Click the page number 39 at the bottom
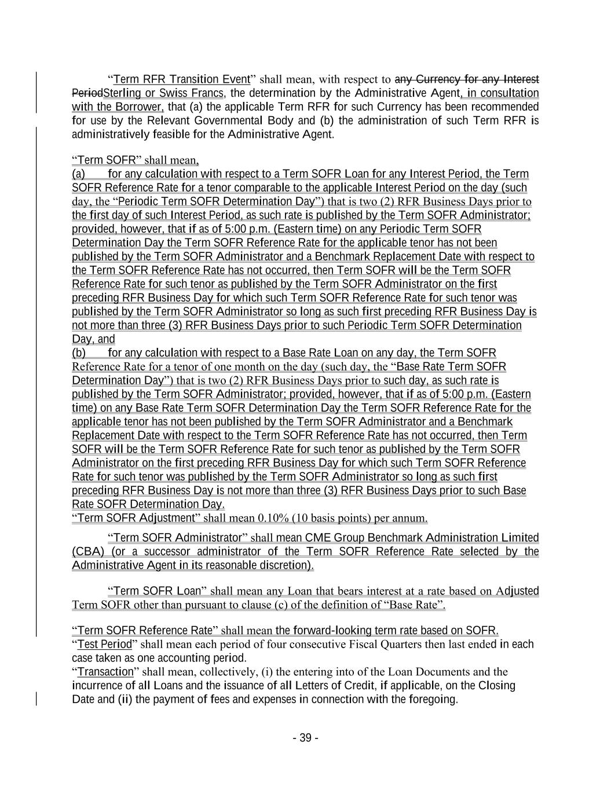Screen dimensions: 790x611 pyautogui.click(x=305, y=738)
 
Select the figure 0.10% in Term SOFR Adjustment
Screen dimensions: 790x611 pyautogui.click(x=274, y=518)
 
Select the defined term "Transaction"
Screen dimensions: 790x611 pyautogui.click(x=105, y=672)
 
